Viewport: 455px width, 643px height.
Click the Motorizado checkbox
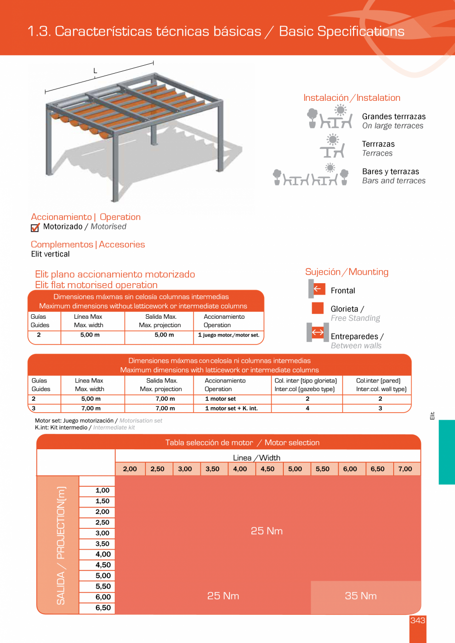point(35,227)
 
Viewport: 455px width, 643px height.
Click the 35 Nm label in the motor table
point(361,596)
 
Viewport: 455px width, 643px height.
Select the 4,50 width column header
point(268,469)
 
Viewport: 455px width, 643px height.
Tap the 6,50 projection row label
point(102,608)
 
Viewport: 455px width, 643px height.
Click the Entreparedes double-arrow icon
point(318,332)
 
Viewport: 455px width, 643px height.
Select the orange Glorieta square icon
point(318,308)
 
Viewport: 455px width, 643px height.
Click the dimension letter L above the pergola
point(95,71)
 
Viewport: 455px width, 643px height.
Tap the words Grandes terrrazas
point(394,117)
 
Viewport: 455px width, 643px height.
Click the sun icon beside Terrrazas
point(333,138)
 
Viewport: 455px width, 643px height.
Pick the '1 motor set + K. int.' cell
point(231,408)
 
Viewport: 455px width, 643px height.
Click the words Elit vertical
point(50,254)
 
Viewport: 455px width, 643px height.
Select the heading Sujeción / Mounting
point(347,272)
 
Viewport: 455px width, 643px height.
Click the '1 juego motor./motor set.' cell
point(228,335)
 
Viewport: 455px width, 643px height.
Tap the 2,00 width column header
point(130,469)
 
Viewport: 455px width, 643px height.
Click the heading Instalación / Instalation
point(352,98)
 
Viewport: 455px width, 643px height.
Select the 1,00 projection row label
point(102,490)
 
